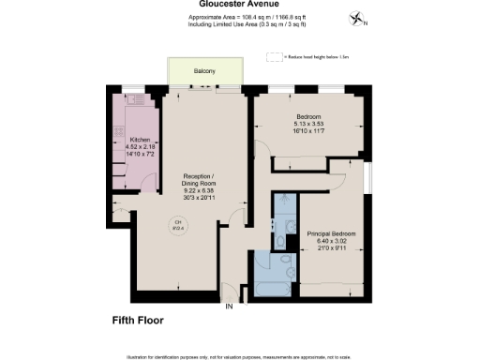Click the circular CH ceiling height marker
coord(177,223)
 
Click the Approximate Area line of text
coord(240,17)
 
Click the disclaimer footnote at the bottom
coord(240,356)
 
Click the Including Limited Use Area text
coord(240,25)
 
